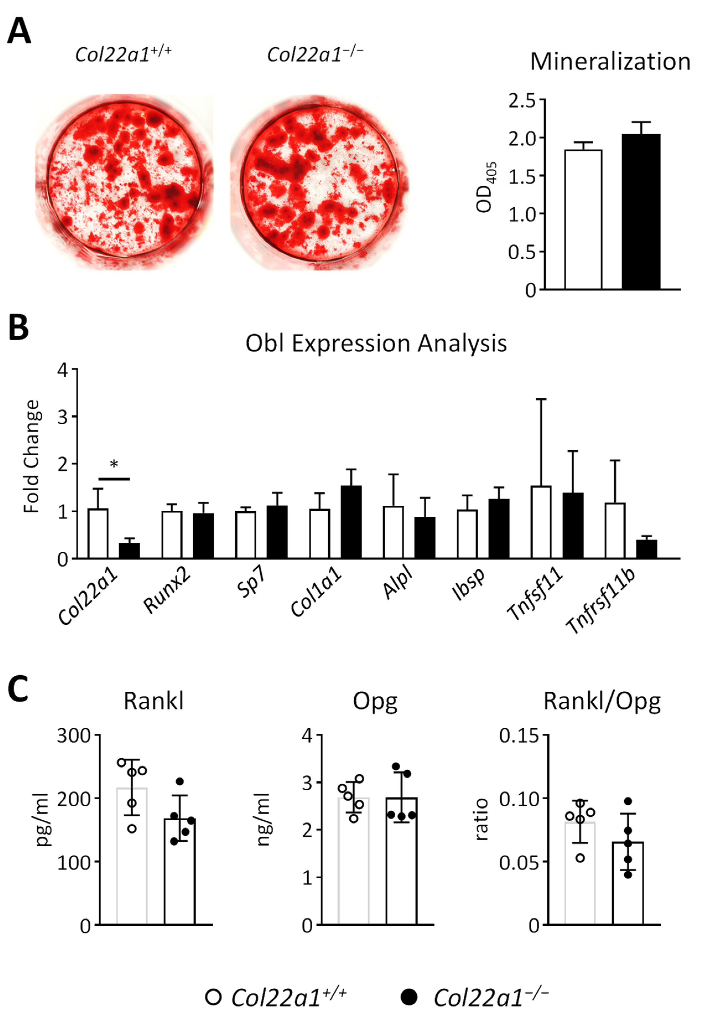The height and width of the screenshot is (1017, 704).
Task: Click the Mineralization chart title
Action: (x=610, y=62)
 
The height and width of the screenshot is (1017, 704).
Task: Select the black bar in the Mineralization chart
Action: (x=641, y=212)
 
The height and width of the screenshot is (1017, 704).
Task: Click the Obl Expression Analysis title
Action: (x=376, y=344)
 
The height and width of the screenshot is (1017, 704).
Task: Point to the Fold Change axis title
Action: (x=32, y=457)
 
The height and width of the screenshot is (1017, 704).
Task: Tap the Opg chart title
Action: (x=375, y=701)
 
